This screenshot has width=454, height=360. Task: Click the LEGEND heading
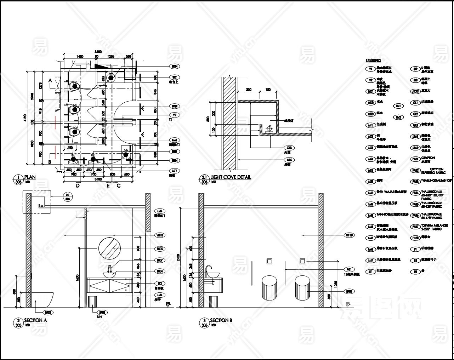(x=373, y=61)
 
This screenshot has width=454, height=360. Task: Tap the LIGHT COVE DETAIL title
(x=231, y=177)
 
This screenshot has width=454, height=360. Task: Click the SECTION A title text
(x=35, y=320)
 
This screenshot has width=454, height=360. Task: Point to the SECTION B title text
(x=221, y=320)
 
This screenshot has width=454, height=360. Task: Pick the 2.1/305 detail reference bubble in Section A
(x=68, y=196)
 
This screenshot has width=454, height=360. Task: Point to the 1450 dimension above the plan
(x=79, y=56)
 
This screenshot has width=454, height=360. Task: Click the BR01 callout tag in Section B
(x=349, y=291)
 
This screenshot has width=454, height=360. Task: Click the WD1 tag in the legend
(x=370, y=91)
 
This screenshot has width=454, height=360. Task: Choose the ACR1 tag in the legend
(x=415, y=91)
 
